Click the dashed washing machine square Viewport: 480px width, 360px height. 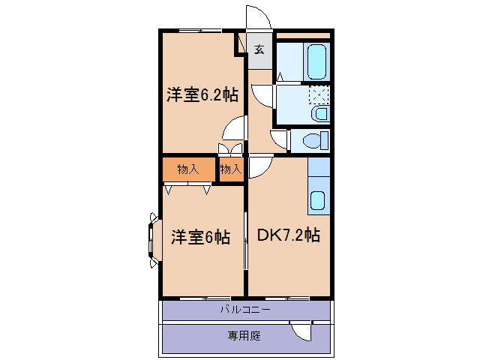coord(320,95)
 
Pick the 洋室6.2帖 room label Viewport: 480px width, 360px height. coord(202,95)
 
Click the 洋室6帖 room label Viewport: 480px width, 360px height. coord(199,238)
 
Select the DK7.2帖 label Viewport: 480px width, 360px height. coord(289,235)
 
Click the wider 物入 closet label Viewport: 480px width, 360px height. coord(188,169)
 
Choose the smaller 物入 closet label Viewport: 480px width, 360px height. coord(231,169)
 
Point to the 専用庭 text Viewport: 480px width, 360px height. coord(244,336)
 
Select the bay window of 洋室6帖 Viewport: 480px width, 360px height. coord(154,238)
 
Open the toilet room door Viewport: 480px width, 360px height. coord(280,140)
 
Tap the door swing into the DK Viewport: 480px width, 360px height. coord(259,167)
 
